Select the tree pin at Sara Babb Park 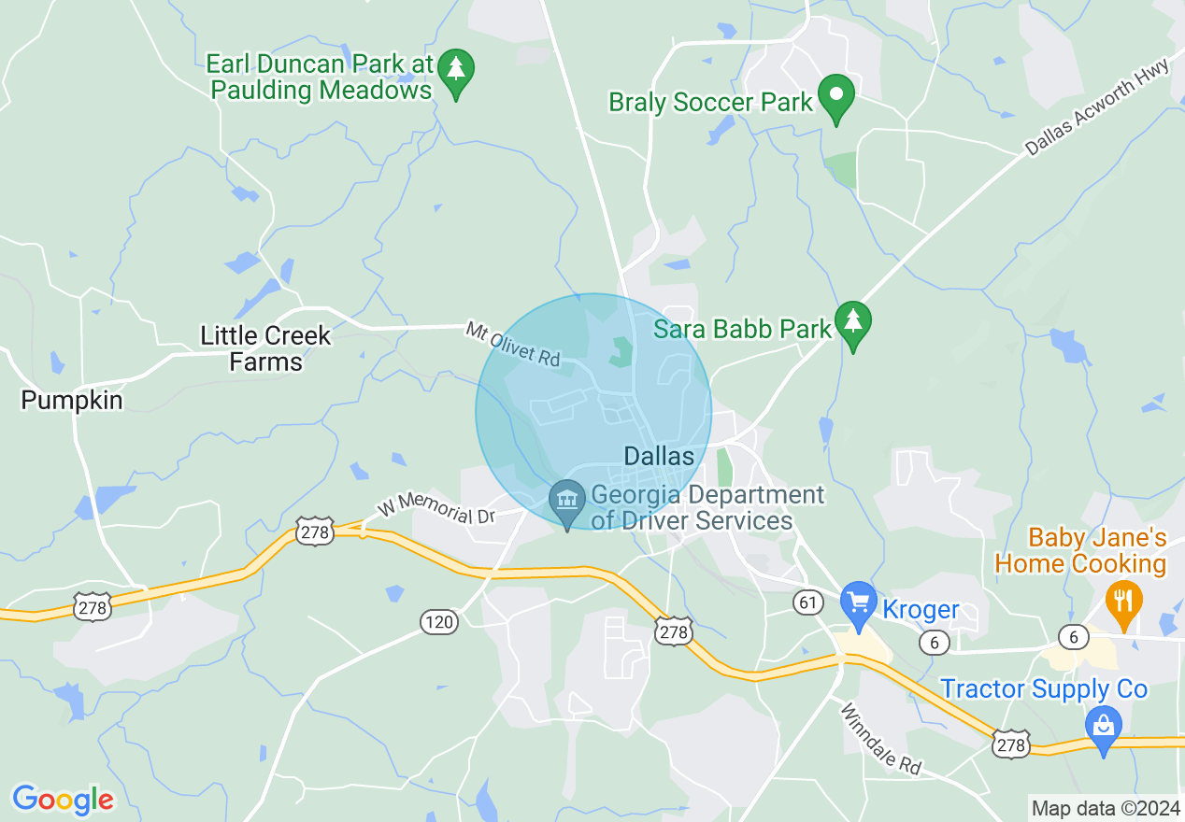(x=852, y=323)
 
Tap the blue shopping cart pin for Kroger (x=857, y=602)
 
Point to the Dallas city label (x=659, y=456)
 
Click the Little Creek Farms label (x=265, y=348)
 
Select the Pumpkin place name (x=72, y=401)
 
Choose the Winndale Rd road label (x=879, y=738)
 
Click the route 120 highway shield (x=438, y=621)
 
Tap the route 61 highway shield (x=807, y=602)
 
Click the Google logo (x=63, y=800)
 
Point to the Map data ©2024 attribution (x=1104, y=808)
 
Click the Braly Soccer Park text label (x=710, y=102)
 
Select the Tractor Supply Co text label (x=1043, y=689)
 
